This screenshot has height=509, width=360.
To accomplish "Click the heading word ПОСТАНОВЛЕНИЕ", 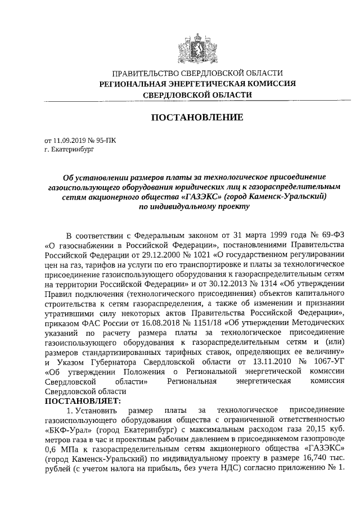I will [196, 118].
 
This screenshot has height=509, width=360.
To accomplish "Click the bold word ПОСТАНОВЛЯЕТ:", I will [82, 402].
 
